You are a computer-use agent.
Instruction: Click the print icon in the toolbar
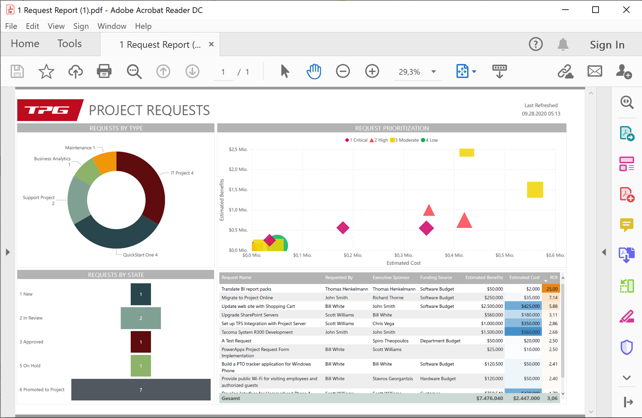click(x=104, y=71)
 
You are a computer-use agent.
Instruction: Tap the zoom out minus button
click(x=343, y=71)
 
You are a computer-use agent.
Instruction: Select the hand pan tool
click(x=314, y=71)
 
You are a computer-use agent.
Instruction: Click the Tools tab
click(x=69, y=43)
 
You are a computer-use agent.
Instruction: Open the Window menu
click(x=112, y=26)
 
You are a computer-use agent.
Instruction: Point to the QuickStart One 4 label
click(x=140, y=255)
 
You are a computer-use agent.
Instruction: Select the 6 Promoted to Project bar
click(x=141, y=390)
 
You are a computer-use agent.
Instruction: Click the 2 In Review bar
click(x=141, y=318)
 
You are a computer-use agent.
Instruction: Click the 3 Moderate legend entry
click(x=405, y=140)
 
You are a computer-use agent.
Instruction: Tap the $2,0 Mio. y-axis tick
click(x=238, y=169)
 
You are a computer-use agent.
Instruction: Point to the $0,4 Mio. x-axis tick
click(x=454, y=255)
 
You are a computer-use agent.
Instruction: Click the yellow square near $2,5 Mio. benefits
click(x=467, y=152)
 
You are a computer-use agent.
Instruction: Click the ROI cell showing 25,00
click(x=552, y=289)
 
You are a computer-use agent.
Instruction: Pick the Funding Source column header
click(x=436, y=277)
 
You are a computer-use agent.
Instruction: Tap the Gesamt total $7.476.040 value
click(x=489, y=398)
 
